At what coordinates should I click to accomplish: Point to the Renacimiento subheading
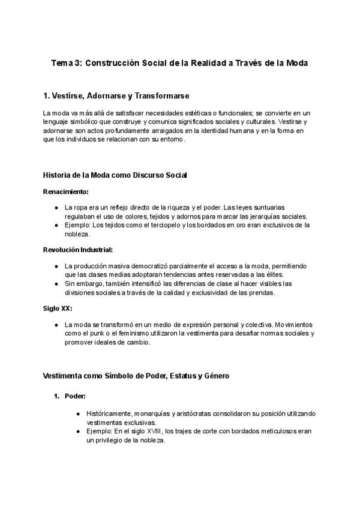tap(66, 192)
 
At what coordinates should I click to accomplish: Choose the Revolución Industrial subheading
tap(78, 249)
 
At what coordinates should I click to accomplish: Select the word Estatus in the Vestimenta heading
tap(170, 376)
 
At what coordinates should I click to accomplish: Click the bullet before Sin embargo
tap(56, 283)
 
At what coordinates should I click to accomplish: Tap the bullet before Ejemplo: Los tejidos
tap(56, 225)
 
